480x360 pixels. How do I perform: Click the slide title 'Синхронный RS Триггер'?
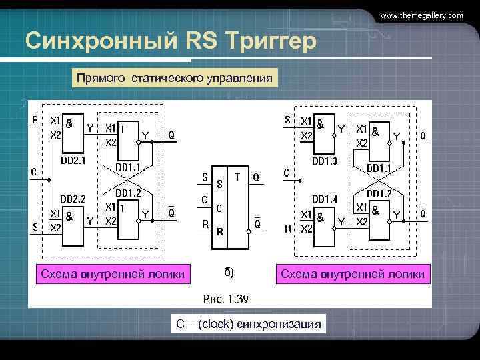coord(170,41)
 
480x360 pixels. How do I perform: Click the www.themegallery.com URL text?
coord(421,15)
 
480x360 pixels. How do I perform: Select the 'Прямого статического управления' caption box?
coord(174,79)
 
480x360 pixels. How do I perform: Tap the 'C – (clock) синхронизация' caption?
coord(248,324)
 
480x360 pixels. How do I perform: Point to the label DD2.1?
coord(73,161)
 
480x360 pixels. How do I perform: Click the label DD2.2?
coord(73,198)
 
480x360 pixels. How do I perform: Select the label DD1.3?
coord(325,161)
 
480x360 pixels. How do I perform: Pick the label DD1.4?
coord(325,199)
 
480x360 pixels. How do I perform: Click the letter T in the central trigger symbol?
coord(237,177)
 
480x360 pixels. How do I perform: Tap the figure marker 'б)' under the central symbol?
coord(228,273)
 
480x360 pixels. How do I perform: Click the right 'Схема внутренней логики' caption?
coord(353,273)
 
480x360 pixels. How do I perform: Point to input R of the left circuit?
coord(35,121)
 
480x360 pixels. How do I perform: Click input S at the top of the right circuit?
coord(287,121)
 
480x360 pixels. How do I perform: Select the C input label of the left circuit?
coord(33,171)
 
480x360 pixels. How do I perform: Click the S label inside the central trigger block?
coord(219,181)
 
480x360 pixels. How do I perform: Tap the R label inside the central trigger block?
coord(219,233)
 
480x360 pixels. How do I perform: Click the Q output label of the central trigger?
coord(256,177)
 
